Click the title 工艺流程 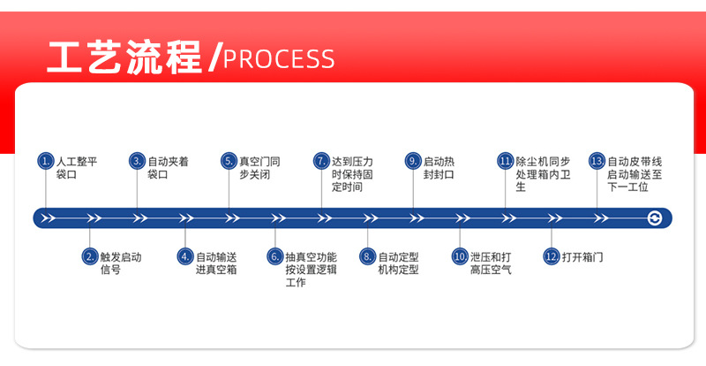(x=125, y=56)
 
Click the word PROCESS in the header (x=279, y=59)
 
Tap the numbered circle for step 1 (x=45, y=161)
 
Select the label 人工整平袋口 (x=77, y=168)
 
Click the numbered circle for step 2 (x=90, y=256)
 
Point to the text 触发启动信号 (x=121, y=263)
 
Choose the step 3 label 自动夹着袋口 (x=168, y=168)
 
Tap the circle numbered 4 (x=184, y=256)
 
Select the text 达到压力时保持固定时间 (x=352, y=174)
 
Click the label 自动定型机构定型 (x=398, y=263)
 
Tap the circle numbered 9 (x=413, y=161)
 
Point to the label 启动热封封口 (x=439, y=168)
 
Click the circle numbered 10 (x=460, y=256)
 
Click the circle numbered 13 (x=597, y=161)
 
